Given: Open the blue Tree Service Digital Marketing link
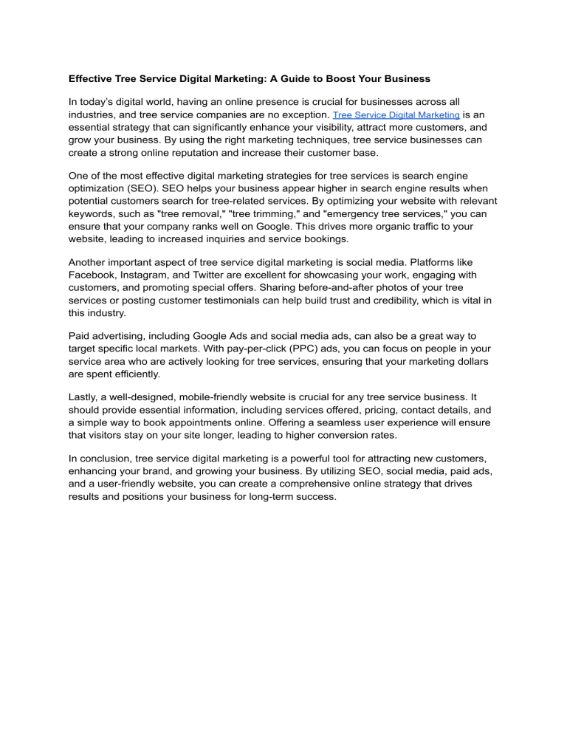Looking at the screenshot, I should pos(397,116).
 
